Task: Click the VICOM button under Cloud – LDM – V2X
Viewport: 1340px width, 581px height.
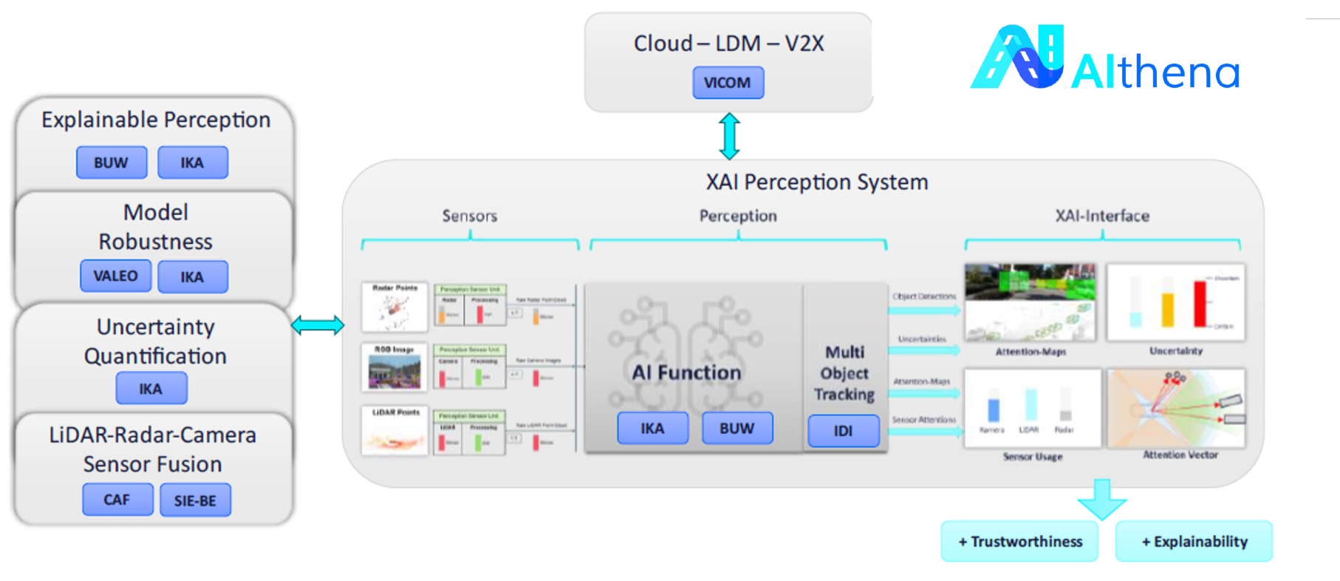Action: tap(728, 83)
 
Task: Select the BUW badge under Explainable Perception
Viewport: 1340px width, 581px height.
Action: tap(112, 163)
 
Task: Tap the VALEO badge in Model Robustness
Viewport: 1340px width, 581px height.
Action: tap(116, 276)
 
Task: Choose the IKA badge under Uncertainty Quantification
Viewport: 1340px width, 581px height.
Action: tap(151, 389)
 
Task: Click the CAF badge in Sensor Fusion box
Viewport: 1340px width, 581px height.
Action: tap(117, 500)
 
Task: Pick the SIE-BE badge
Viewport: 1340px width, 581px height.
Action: tap(195, 500)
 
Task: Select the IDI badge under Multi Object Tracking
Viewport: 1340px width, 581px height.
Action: tap(843, 431)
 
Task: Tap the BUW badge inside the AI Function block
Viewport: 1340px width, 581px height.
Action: tap(736, 429)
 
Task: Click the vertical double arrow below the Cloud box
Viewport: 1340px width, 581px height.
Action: tap(729, 136)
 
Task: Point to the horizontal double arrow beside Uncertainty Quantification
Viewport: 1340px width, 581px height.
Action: tap(318, 325)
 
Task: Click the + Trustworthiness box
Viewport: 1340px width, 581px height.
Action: tap(1019, 542)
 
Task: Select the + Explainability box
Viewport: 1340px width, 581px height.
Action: tap(1194, 542)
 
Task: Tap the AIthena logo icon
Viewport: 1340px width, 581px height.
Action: tap(1018, 58)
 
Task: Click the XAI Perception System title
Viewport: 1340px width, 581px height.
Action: tap(816, 182)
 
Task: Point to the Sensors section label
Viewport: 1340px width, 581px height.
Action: tap(469, 216)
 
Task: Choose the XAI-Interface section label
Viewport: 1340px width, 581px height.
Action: tap(1101, 216)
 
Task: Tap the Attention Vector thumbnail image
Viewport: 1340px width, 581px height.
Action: tap(1176, 409)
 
